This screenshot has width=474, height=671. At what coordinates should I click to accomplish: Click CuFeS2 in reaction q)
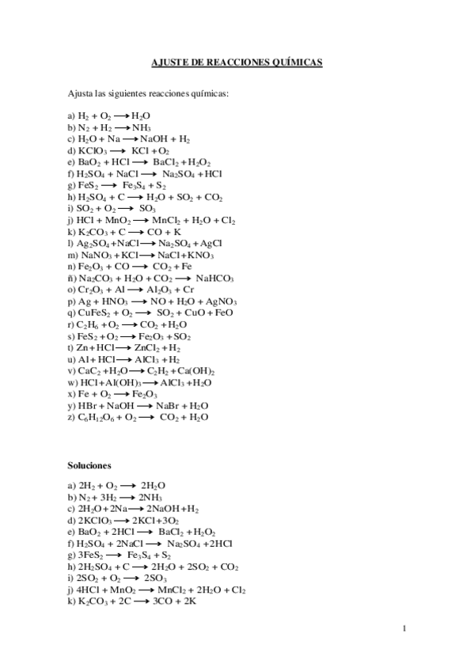point(93,313)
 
